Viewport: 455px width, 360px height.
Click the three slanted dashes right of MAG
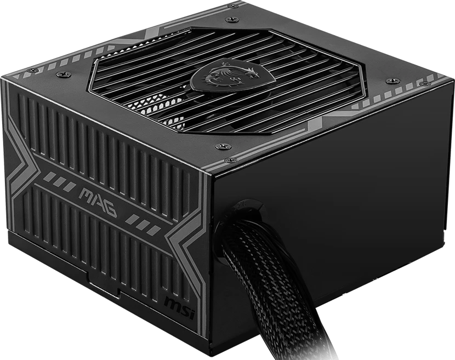[143, 224]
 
